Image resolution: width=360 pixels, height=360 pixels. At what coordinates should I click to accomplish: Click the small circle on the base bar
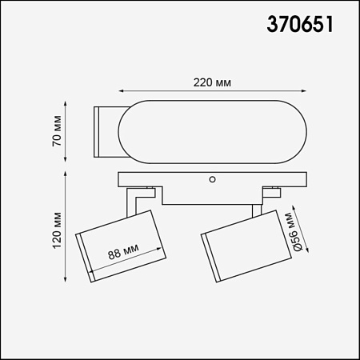tap(212, 179)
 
